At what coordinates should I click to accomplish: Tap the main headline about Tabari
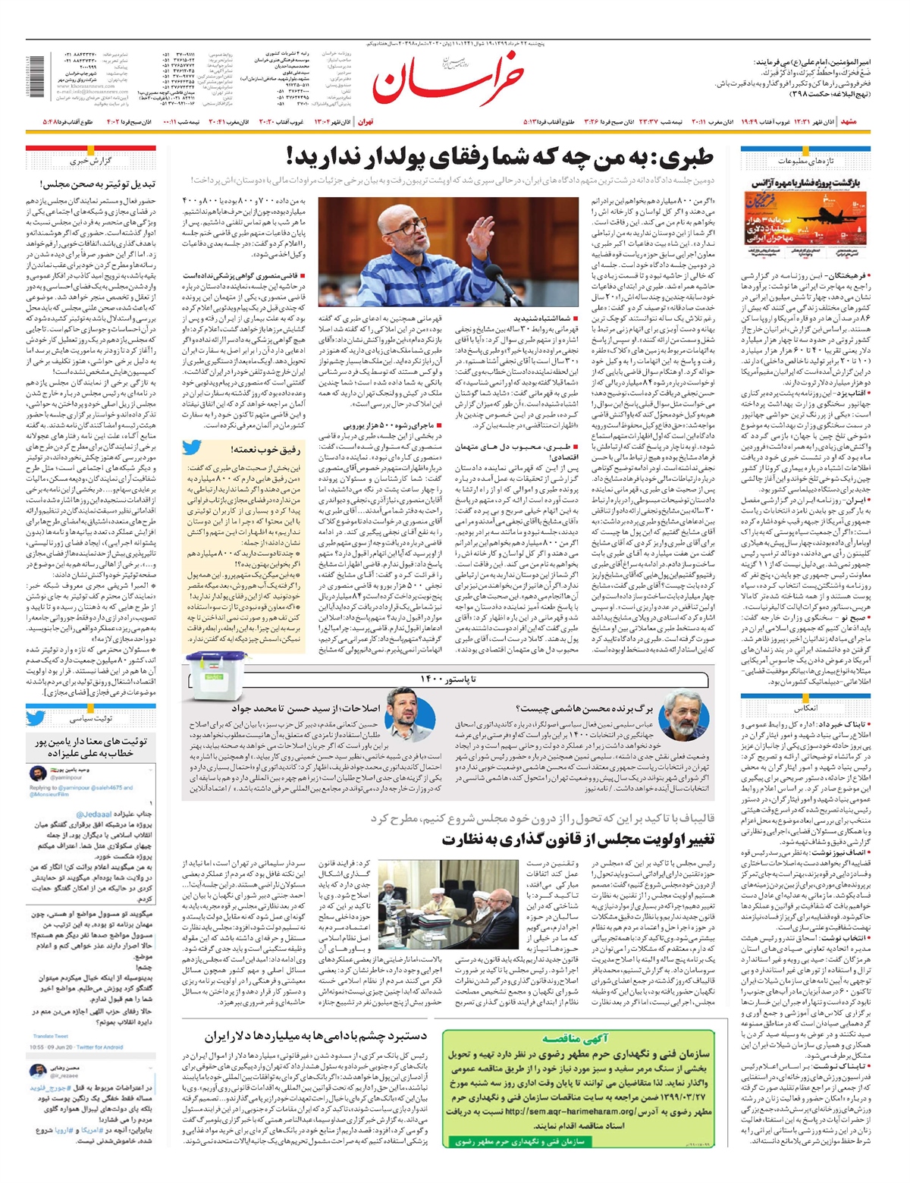[500, 158]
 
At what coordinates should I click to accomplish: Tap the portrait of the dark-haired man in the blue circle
[410, 712]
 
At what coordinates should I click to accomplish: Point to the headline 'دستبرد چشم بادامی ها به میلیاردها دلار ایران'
[315, 1035]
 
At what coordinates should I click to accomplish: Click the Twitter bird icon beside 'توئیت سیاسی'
[36, 717]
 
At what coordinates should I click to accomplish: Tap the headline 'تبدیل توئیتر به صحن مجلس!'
[98, 184]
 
